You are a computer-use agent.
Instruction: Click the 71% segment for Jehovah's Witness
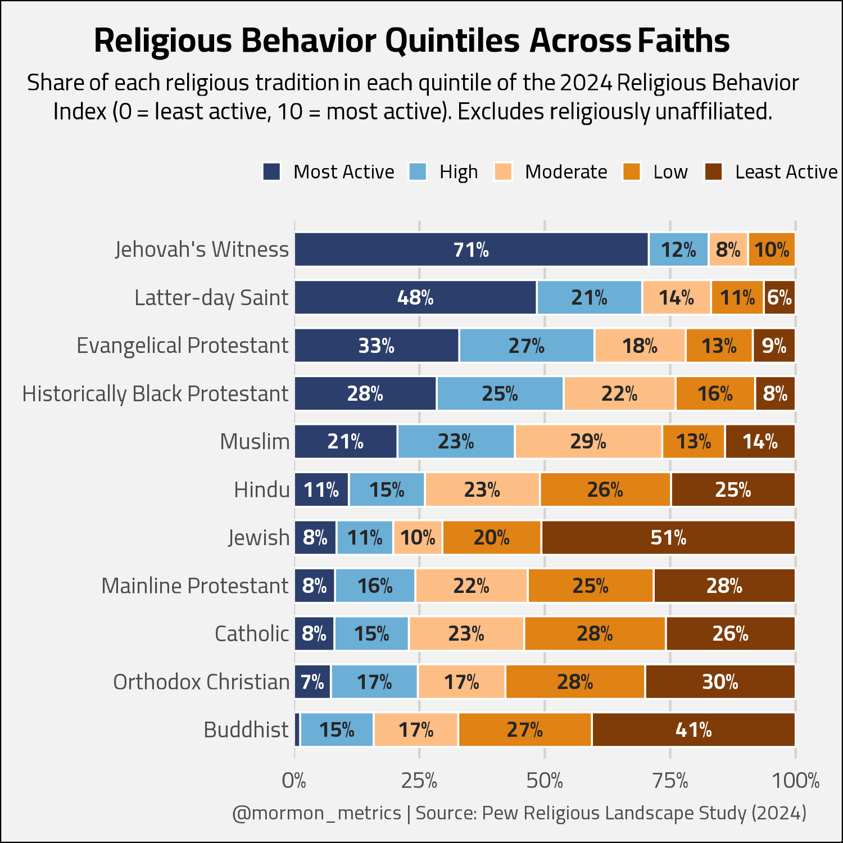472,249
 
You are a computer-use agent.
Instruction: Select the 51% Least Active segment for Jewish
668,538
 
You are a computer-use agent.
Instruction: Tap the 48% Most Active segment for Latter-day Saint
415,297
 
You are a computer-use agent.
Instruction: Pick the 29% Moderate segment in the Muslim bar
588,442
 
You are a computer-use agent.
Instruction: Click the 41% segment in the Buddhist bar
694,730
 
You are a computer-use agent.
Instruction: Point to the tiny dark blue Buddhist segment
297,730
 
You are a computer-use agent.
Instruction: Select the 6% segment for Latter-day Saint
779,297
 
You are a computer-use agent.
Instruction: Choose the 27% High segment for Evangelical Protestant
527,346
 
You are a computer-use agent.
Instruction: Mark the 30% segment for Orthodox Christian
720,682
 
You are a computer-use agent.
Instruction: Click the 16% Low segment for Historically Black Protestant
715,393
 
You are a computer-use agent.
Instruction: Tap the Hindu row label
262,490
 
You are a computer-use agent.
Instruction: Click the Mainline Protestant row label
195,586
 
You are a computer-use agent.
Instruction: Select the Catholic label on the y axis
252,633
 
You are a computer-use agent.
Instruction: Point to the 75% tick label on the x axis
670,781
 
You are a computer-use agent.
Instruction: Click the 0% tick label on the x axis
294,781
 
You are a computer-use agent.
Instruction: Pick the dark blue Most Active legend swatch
272,172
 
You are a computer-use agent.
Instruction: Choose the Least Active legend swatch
714,172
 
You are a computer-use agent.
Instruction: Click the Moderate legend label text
566,171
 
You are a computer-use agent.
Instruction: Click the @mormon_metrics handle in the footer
316,813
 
